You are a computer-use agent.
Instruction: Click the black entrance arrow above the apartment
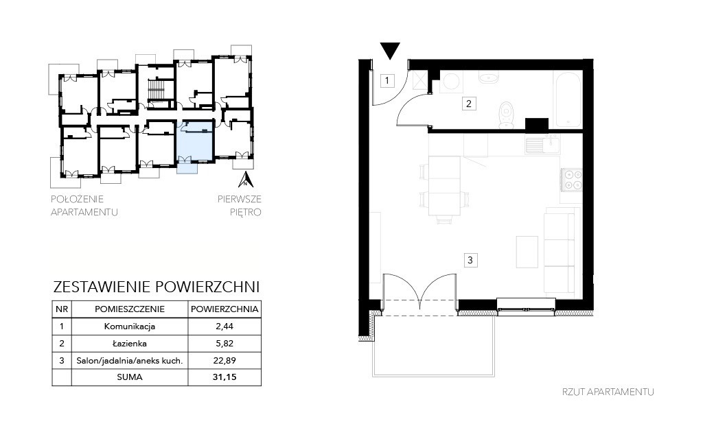point(390,50)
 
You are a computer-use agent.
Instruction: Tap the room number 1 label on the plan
point(387,81)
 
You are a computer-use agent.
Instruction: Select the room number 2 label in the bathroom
point(469,104)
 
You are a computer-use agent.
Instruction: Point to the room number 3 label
point(470,260)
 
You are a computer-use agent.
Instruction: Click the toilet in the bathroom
point(506,115)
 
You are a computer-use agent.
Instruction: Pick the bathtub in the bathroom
point(568,99)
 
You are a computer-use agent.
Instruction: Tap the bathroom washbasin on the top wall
point(489,78)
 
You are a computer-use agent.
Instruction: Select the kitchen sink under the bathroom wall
point(542,144)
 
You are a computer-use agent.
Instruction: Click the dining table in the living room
point(444,185)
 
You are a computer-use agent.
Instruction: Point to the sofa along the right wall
point(559,254)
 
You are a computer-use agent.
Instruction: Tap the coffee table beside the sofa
point(527,252)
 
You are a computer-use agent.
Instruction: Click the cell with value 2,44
point(224,327)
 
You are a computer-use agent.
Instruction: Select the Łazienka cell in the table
point(130,344)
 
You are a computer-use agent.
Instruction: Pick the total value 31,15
point(224,377)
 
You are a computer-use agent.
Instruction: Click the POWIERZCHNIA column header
point(224,309)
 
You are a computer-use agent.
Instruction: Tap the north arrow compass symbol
point(246,179)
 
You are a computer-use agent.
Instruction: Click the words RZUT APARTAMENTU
point(608,392)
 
